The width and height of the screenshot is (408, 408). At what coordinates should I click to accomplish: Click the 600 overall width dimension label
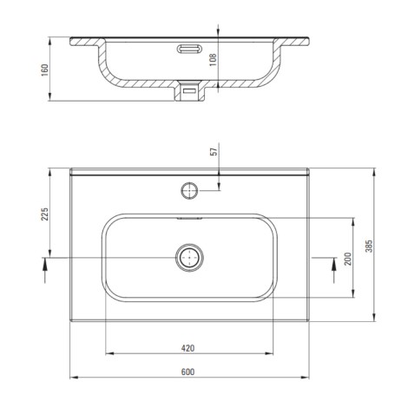point(188,372)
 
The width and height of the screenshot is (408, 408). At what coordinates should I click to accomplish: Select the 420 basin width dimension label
point(188,348)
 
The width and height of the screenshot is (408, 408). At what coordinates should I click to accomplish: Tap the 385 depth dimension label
point(369,246)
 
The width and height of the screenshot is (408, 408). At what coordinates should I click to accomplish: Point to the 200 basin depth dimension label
point(348,259)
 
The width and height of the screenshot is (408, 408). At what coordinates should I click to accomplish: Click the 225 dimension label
point(44,214)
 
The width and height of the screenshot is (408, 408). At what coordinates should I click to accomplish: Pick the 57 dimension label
point(214,152)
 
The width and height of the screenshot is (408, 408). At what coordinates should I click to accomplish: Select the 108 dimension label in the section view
point(213,60)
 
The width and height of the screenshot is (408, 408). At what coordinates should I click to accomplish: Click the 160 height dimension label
point(44,70)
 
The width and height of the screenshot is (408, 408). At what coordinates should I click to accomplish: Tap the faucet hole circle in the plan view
point(189,191)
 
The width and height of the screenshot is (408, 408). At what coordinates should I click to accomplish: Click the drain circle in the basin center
point(189,257)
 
